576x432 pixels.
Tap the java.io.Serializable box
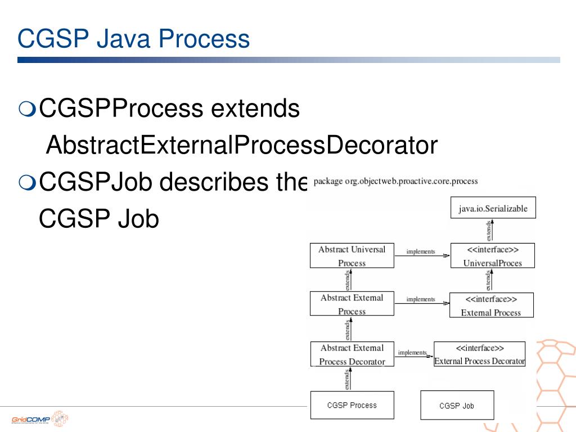(493, 208)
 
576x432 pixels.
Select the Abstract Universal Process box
(352, 255)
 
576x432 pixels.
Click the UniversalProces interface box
(492, 255)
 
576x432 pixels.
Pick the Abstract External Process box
(352, 304)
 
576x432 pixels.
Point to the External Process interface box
(491, 305)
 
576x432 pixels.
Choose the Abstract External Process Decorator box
(352, 354)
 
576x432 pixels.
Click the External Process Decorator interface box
(479, 354)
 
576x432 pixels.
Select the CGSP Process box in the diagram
(352, 405)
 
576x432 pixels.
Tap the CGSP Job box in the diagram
(457, 405)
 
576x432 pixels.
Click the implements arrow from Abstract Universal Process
(422, 255)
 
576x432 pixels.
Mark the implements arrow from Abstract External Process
(422, 303)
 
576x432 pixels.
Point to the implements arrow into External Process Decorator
(413, 354)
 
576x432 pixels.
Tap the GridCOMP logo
(39, 419)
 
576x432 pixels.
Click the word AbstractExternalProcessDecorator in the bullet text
(241, 146)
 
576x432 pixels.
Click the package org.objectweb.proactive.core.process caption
(395, 182)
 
